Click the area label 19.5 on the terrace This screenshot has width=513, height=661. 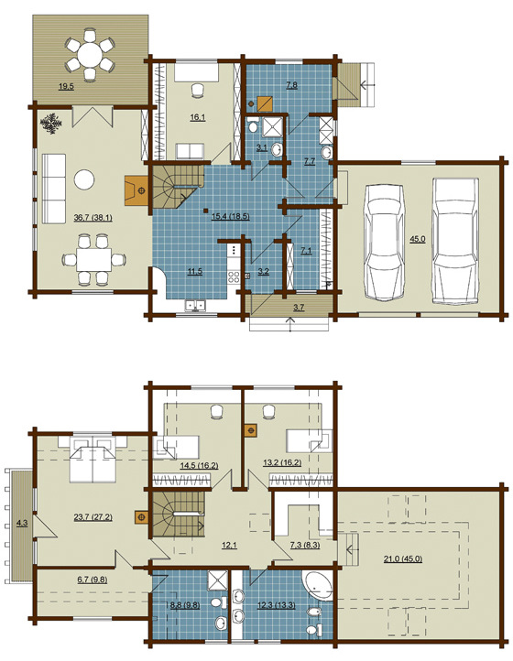66,87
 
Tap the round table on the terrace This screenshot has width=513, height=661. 90,54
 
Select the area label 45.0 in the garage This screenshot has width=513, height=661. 418,239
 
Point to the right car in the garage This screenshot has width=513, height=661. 455,240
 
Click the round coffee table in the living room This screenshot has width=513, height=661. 84,179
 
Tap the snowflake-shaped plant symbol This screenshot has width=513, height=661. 51,123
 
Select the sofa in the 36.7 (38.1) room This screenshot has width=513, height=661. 54,188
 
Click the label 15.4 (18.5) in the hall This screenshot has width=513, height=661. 230,217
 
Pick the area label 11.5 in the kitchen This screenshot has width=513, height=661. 194,272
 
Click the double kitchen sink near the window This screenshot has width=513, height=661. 195,305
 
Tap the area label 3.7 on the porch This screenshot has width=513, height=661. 299,308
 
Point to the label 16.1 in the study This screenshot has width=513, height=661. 198,117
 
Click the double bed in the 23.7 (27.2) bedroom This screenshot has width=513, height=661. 93,459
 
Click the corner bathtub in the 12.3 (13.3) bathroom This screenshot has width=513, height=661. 317,585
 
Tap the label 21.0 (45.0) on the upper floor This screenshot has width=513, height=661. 403,559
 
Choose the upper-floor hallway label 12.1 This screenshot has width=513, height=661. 229,545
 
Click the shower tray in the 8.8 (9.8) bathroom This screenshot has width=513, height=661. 218,580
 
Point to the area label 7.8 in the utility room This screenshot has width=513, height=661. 291,85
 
